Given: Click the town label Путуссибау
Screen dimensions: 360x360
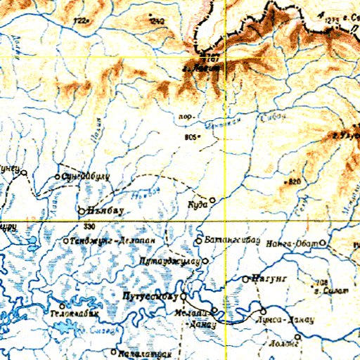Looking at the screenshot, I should [x=152, y=296].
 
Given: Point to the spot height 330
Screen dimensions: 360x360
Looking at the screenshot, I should [x=88, y=226].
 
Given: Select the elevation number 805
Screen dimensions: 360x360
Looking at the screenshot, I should [x=188, y=137].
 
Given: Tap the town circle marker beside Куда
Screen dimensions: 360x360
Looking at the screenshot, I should [x=213, y=200].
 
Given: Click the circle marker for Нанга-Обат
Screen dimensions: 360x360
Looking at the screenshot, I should [x=323, y=243].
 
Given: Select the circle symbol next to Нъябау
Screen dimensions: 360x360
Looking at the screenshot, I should [x=82, y=210].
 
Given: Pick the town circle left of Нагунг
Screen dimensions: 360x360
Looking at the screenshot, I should [x=245, y=279].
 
